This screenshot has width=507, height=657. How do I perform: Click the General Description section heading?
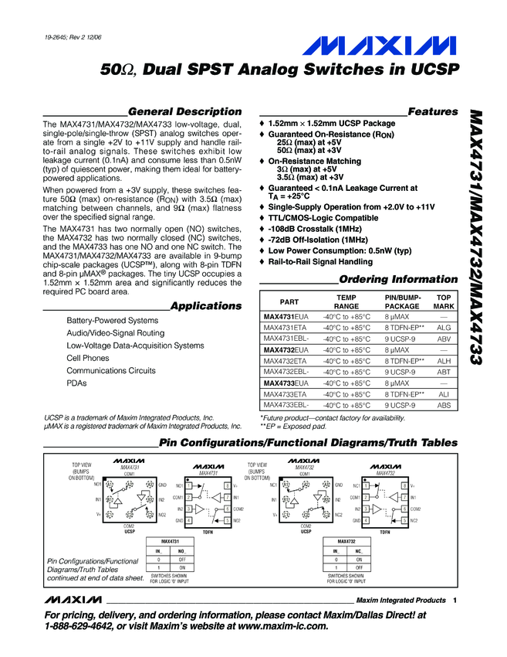[x=184, y=111]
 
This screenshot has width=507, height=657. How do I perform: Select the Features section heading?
[x=432, y=111]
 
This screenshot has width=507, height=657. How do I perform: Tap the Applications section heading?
[x=205, y=306]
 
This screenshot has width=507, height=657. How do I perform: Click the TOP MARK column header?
[x=444, y=301]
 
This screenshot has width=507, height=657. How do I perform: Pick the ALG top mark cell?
[x=444, y=328]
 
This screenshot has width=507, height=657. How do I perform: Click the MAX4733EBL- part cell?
[x=286, y=405]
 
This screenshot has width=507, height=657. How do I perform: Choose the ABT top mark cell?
[x=444, y=372]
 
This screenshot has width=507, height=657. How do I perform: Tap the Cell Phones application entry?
[x=88, y=359]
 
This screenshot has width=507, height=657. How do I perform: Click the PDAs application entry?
[x=77, y=383]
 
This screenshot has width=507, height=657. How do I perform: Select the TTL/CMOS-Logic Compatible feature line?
[x=323, y=219]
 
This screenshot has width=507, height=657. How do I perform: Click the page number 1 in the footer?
[x=456, y=601]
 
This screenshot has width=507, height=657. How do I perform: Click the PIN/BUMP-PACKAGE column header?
[x=401, y=301]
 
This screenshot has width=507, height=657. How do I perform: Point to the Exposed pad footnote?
[x=293, y=426]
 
